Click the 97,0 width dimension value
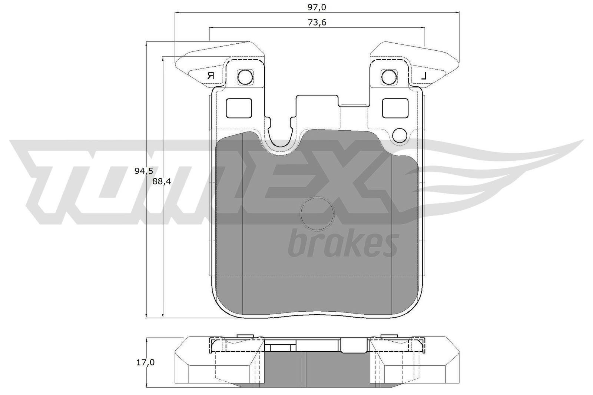click(x=317, y=7)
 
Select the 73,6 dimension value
click(x=317, y=23)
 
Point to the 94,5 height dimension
click(x=144, y=171)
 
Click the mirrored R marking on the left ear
click(x=211, y=76)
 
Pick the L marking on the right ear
click(x=424, y=76)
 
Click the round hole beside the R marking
click(x=245, y=77)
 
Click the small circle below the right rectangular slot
click(x=400, y=135)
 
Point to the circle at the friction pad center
click(x=317, y=213)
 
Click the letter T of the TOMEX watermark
click(x=56, y=174)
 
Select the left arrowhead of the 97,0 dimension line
click(x=177, y=12)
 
